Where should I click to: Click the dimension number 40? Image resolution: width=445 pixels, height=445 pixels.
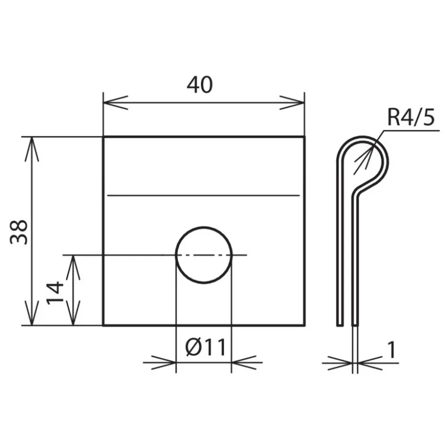click(199, 85)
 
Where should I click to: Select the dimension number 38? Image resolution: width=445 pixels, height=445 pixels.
click(19, 232)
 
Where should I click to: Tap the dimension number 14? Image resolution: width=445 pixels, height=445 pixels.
click(55, 293)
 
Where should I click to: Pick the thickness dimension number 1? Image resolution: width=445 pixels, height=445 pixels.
click(392, 350)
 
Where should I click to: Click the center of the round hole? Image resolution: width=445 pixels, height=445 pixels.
click(204, 255)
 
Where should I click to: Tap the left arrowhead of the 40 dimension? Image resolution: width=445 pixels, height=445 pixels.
click(116, 103)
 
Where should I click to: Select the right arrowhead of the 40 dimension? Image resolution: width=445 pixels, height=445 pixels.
click(292, 103)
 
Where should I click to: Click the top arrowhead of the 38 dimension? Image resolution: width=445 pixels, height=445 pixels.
click(32, 149)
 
